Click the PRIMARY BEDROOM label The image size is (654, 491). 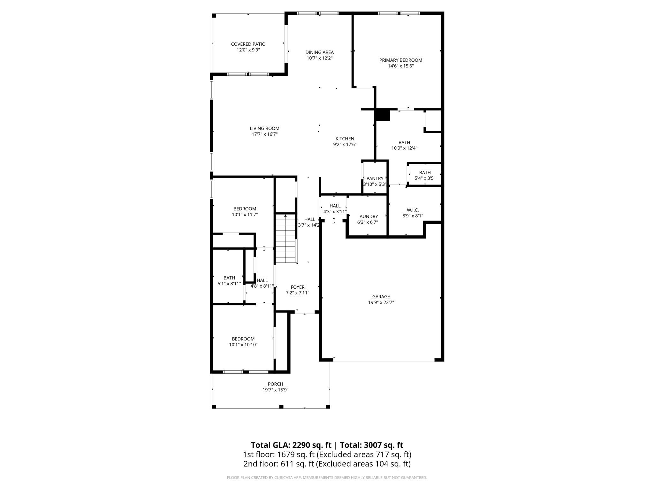(x=400, y=60)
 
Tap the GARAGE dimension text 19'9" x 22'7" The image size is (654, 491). (x=381, y=302)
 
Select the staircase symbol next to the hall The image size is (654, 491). (x=286, y=238)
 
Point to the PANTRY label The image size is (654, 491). (x=375, y=178)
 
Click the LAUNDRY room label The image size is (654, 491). (x=367, y=216)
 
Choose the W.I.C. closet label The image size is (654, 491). (x=413, y=210)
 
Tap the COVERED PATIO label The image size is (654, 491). (x=248, y=44)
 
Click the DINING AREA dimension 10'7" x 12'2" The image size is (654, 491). (x=319, y=58)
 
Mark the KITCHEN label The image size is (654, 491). (x=345, y=139)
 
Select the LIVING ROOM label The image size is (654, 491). (x=264, y=129)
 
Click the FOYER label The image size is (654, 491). (x=297, y=287)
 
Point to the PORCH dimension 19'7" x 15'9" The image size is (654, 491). (x=275, y=390)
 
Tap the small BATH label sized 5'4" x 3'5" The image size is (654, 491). (x=425, y=173)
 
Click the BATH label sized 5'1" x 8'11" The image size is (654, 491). (x=229, y=278)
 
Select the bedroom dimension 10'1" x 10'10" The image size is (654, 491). (x=243, y=345)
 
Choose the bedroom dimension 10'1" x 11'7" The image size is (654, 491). (x=245, y=214)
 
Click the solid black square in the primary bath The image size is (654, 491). (x=382, y=115)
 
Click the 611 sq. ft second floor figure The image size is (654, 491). (x=289, y=464)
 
